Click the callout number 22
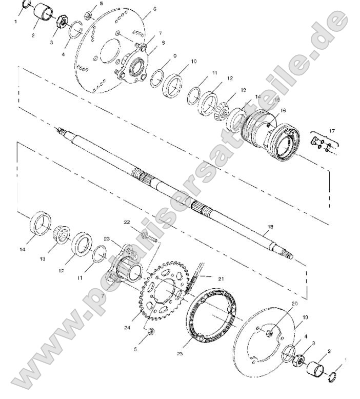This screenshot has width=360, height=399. [127, 222]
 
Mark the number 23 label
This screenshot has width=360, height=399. [107, 238]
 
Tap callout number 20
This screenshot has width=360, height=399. [294, 304]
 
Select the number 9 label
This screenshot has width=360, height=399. [175, 55]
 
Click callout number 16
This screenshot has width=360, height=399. [283, 110]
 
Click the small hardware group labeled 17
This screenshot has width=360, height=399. [322, 145]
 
